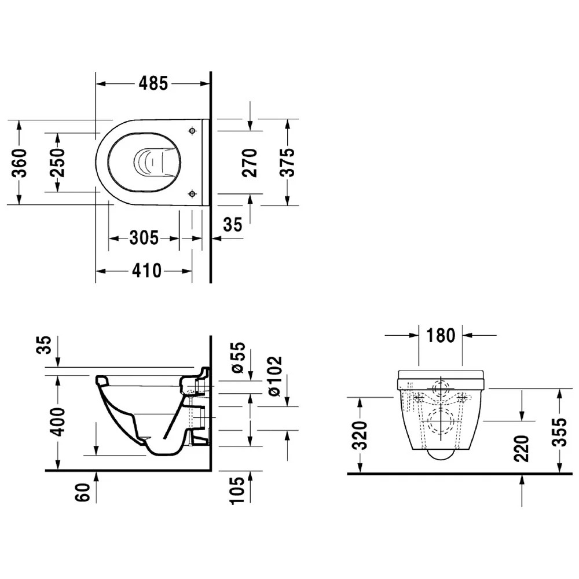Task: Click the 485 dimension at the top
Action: (x=153, y=83)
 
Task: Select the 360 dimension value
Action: (x=20, y=163)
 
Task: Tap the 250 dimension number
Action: (x=57, y=163)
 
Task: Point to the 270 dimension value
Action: (x=250, y=163)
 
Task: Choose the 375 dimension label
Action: (x=287, y=163)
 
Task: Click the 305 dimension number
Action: (x=144, y=238)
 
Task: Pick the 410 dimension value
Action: (x=147, y=270)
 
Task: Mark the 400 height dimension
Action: (x=57, y=422)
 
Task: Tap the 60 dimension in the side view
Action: (x=83, y=492)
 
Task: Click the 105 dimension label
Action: (x=237, y=490)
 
